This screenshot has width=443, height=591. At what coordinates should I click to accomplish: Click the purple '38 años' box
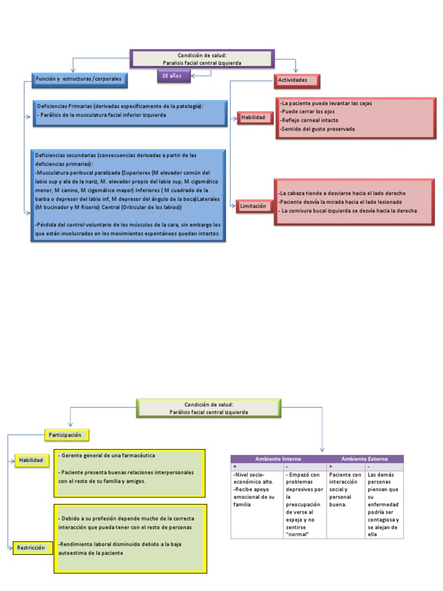pyautogui.click(x=173, y=76)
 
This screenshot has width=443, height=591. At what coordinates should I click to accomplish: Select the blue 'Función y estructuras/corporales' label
pyautogui.click(x=79, y=78)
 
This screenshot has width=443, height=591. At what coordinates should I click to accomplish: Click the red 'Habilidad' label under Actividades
pyautogui.click(x=253, y=118)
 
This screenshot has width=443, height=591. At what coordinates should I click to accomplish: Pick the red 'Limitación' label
pyautogui.click(x=254, y=205)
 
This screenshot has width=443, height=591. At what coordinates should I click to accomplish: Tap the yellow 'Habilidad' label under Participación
pyautogui.click(x=31, y=460)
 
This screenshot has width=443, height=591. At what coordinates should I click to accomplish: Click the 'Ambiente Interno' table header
pyautogui.click(x=278, y=459)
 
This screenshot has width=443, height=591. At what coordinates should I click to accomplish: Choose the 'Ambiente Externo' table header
pyautogui.click(x=365, y=459)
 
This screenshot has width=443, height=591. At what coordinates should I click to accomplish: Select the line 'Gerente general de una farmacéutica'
pyautogui.click(x=107, y=456)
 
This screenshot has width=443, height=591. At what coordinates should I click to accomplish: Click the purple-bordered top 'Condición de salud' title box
pyautogui.click(x=201, y=59)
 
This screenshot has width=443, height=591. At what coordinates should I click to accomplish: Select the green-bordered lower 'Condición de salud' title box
pyautogui.click(x=209, y=409)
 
